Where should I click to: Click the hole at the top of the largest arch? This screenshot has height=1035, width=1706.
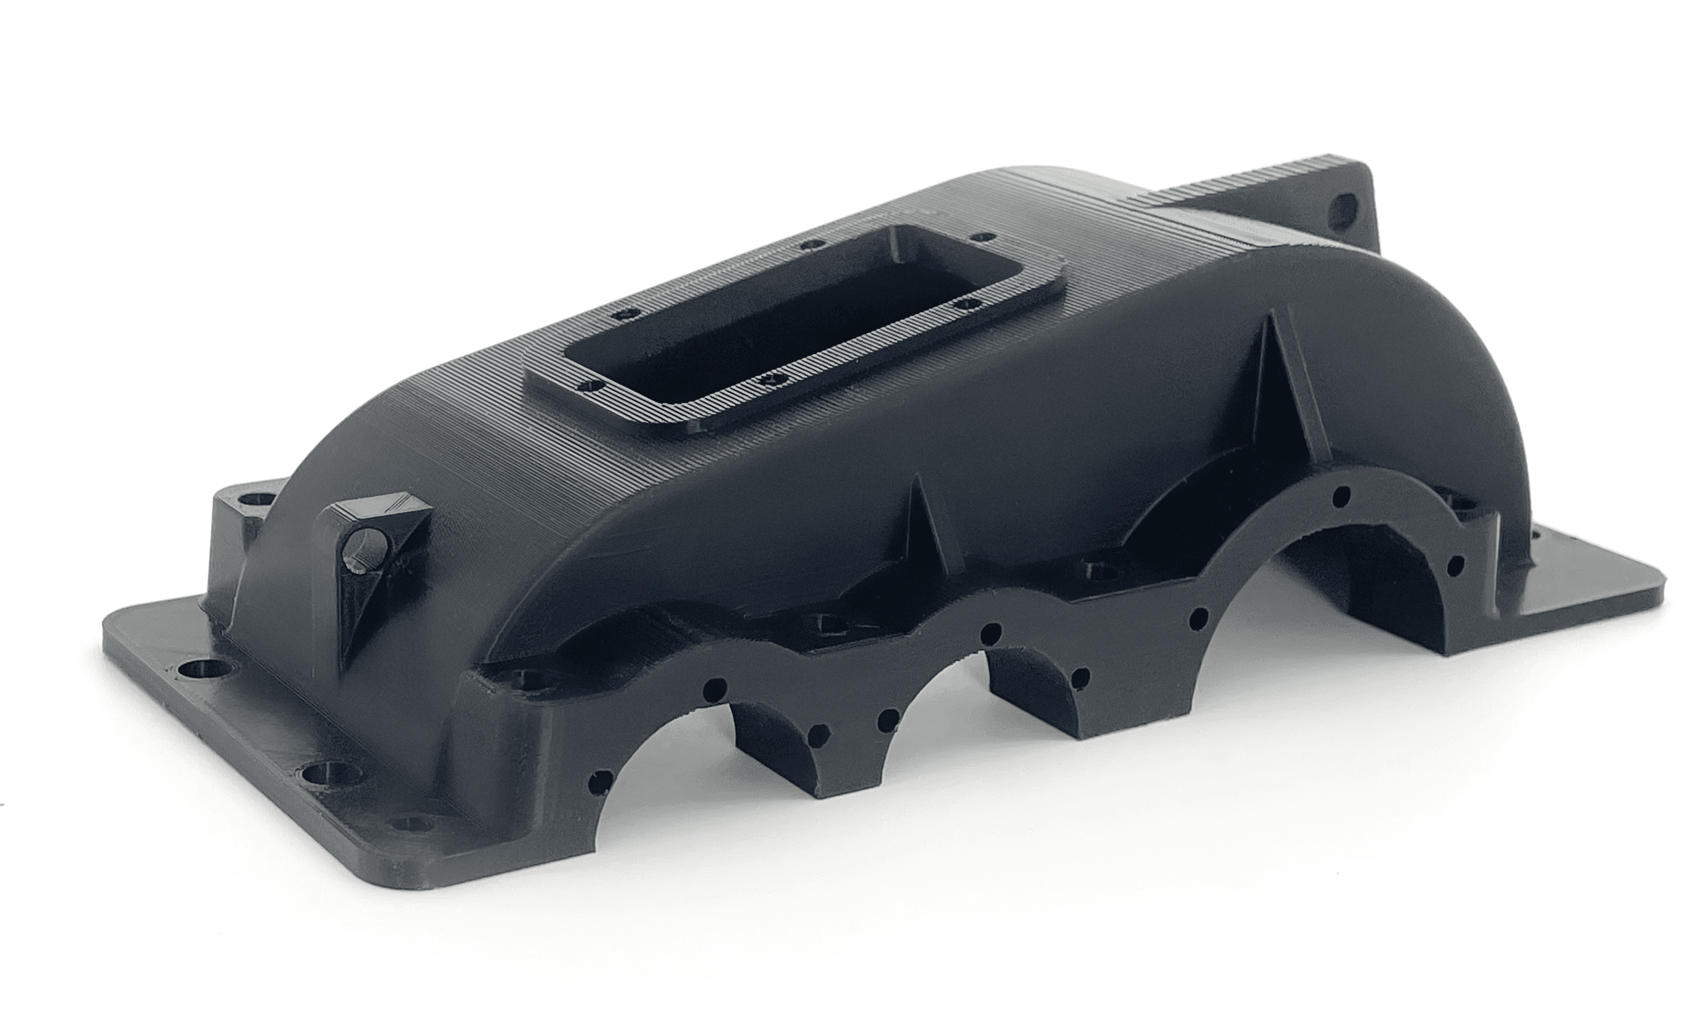coord(1341,495)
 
